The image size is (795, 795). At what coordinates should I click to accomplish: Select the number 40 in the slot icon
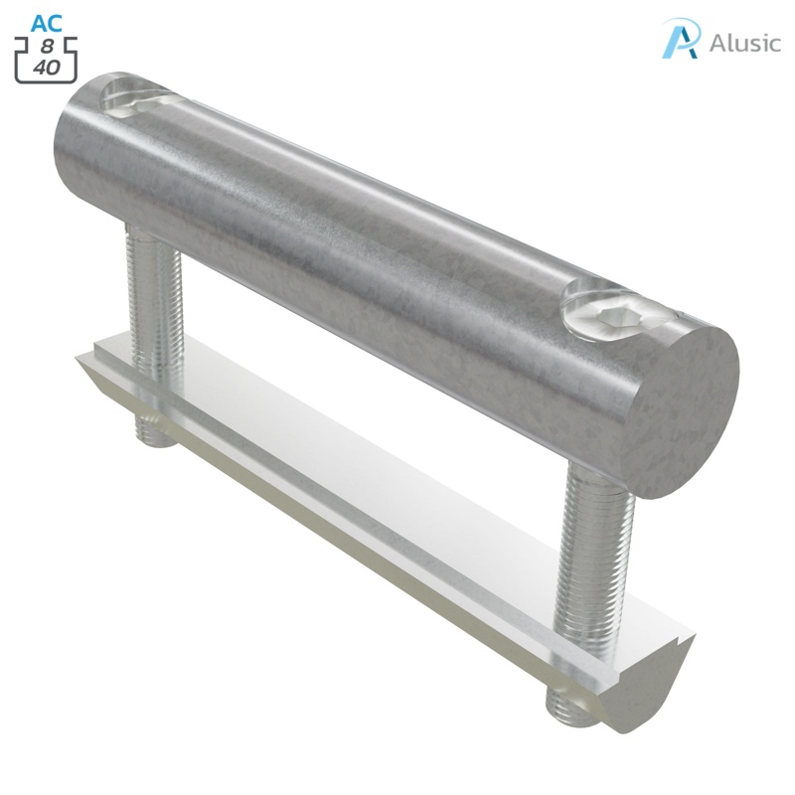pyautogui.click(x=46, y=68)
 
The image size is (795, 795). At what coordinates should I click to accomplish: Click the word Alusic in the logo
pyautogui.click(x=745, y=43)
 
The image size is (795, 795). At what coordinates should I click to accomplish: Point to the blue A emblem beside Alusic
pyautogui.click(x=682, y=39)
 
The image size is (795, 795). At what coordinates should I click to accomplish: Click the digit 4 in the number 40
pyautogui.click(x=39, y=68)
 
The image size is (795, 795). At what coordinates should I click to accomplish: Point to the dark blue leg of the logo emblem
pyautogui.click(x=688, y=46)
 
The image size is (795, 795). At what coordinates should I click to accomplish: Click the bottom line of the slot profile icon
pyautogui.click(x=46, y=80)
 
